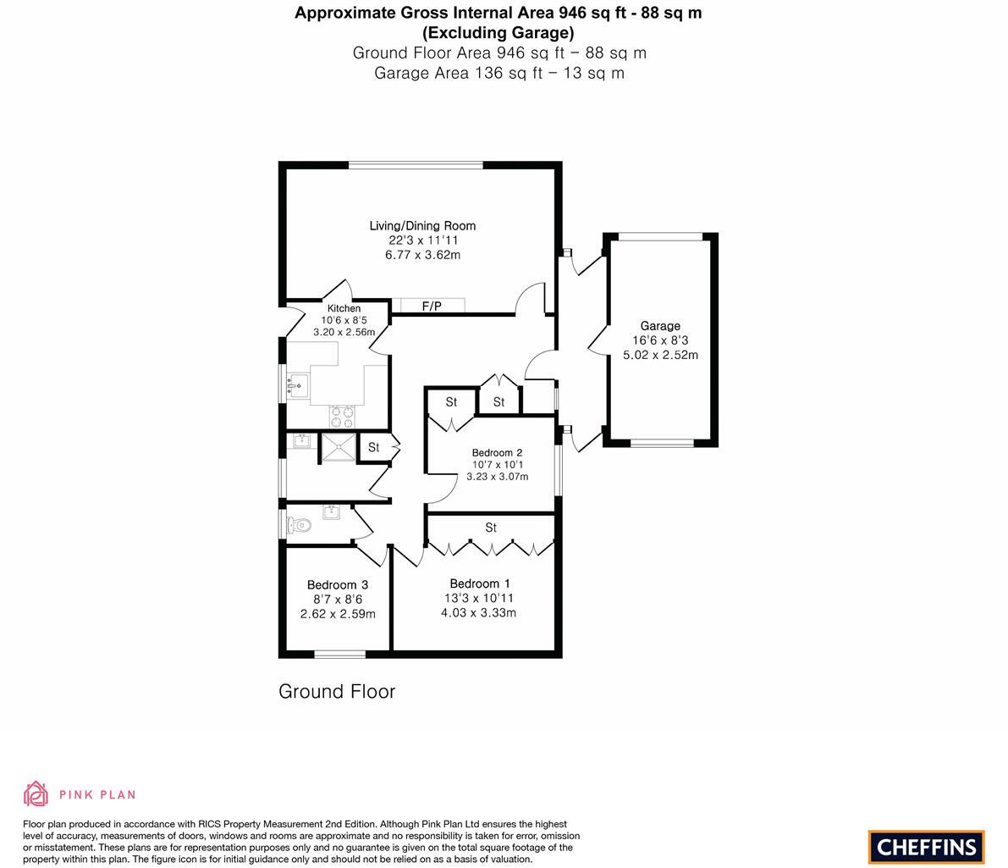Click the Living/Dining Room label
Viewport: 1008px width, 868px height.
[x=422, y=226]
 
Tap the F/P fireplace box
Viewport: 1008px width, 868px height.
[x=432, y=306]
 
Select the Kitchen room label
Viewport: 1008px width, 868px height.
[x=344, y=308]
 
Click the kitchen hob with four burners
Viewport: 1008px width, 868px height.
[x=342, y=417]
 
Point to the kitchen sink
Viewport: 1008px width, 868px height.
[x=296, y=385]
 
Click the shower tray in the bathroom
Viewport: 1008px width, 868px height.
[x=338, y=448]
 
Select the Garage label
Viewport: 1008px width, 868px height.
[x=660, y=326]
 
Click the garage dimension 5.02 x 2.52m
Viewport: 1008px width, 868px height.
[x=660, y=355]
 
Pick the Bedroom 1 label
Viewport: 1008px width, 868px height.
[x=480, y=583]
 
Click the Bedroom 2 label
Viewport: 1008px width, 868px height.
[x=497, y=453]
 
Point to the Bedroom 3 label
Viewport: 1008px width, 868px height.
[x=338, y=585]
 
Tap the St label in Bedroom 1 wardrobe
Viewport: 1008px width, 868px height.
[x=491, y=528]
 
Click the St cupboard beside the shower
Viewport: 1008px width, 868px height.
[x=373, y=447]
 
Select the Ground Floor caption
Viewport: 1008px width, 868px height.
[x=337, y=691]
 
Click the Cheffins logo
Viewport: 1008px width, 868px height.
[x=927, y=846]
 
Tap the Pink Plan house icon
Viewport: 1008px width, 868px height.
[x=36, y=793]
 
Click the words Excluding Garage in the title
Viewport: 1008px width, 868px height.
[x=498, y=33]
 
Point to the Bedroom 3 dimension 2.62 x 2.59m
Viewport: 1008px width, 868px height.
[x=338, y=614]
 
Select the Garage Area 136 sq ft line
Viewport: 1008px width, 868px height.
[x=499, y=73]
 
